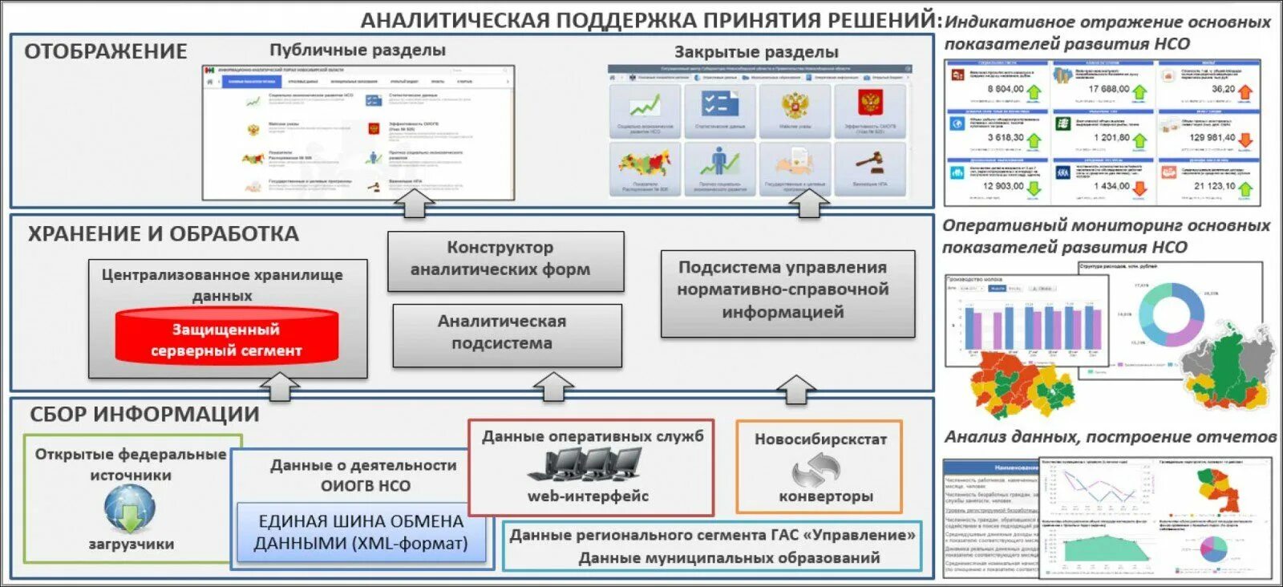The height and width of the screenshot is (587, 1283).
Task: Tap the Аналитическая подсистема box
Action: pos(507,333)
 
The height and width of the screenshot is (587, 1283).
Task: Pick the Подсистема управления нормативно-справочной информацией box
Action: pos(787,290)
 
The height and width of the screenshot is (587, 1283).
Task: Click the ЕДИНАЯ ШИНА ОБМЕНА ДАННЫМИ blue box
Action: pos(360,532)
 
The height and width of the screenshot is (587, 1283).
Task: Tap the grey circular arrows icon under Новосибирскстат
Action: pos(816,468)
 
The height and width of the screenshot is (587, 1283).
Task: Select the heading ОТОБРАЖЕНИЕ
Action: pos(105,51)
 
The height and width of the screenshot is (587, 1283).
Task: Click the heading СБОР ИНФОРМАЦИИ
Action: pos(144,415)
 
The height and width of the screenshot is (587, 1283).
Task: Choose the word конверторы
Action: pos(825,496)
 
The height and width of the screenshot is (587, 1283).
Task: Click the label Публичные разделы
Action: pos(357,50)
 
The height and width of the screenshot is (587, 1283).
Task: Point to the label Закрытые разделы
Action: pos(755,52)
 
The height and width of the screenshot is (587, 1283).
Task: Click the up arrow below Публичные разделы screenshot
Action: pos(414,205)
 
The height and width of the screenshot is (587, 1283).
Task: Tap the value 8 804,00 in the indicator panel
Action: pos(1005,89)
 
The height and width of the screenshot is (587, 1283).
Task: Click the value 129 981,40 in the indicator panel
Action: pos(1212,138)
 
